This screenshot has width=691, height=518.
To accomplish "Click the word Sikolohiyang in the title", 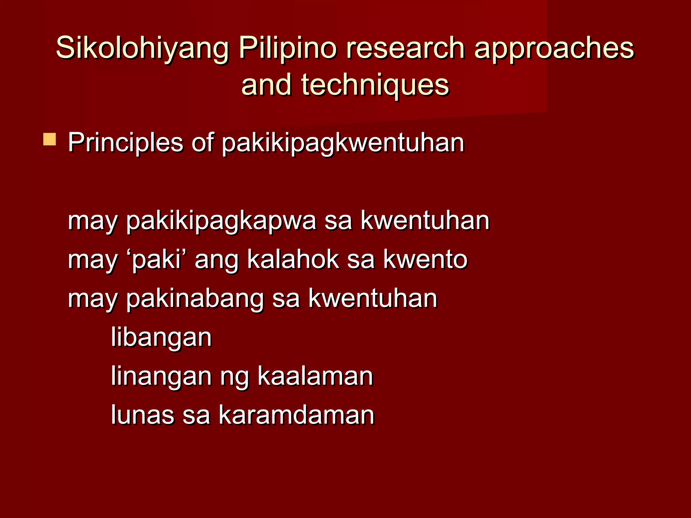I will [x=142, y=48].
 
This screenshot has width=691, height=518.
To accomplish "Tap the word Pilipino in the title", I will [x=287, y=48].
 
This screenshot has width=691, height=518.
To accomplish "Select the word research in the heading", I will [x=405, y=48].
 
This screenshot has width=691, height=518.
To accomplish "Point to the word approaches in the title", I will [x=554, y=48].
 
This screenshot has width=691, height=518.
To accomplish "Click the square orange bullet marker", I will [x=50, y=139].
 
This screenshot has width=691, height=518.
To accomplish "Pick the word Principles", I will [x=126, y=143].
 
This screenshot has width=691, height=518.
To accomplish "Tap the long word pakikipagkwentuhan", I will [x=343, y=143].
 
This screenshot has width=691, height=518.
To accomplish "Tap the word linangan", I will [x=161, y=377].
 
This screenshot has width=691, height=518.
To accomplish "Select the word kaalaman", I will [x=315, y=376].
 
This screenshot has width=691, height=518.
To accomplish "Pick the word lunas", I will [x=143, y=415].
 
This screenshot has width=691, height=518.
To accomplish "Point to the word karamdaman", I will [x=296, y=415].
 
